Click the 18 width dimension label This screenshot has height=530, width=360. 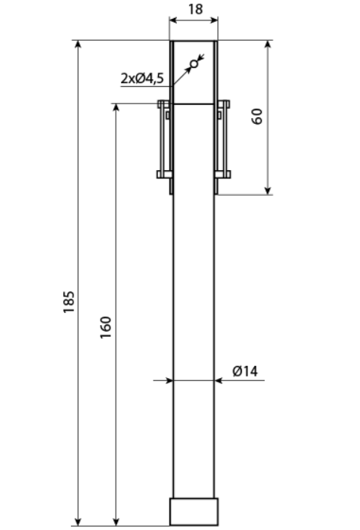point(195,9)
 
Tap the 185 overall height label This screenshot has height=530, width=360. point(69,302)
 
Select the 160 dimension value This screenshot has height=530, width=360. point(105,327)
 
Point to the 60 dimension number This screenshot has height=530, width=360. point(257,116)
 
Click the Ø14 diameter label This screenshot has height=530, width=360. point(245,371)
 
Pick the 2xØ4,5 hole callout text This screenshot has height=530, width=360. point(142,79)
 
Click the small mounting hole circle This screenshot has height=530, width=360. point(194,64)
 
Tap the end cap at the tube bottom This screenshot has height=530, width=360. point(194,511)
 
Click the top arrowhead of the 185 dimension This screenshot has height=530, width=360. point(78,45)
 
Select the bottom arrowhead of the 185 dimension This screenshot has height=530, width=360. point(78,521)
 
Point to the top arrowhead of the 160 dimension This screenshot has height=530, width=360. point(116,108)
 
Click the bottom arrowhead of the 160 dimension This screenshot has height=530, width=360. point(116,521)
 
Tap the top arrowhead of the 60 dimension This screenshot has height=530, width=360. point(268,45)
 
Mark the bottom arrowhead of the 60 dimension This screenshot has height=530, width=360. point(268,190)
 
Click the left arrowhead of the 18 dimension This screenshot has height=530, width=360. point(174,20)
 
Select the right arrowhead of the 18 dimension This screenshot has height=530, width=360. point(213,20)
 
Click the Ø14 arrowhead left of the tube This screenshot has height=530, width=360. point(169,380)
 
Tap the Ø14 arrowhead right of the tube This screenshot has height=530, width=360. point(219,380)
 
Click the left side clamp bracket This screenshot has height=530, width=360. point(165,139)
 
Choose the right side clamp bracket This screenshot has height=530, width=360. point(223,139)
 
